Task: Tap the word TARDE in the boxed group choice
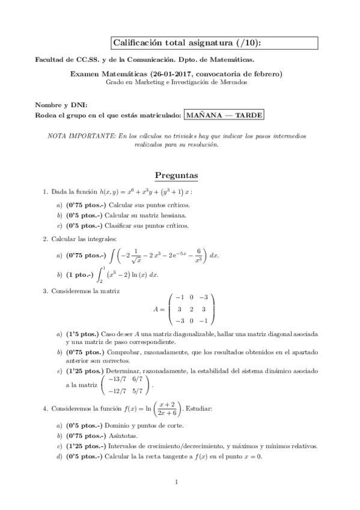[x=247, y=114]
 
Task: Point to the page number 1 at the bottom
[x=176, y=481]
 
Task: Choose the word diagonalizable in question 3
[x=194, y=333]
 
